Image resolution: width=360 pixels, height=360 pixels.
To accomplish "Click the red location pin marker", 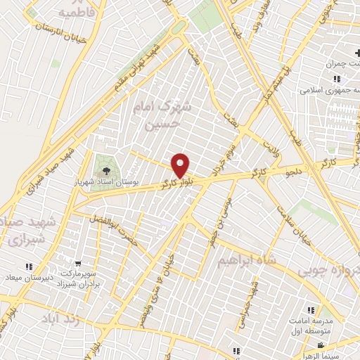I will [x=181, y=165].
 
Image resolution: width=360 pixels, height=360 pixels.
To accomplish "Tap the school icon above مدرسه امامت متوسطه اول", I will [x=310, y=309].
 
